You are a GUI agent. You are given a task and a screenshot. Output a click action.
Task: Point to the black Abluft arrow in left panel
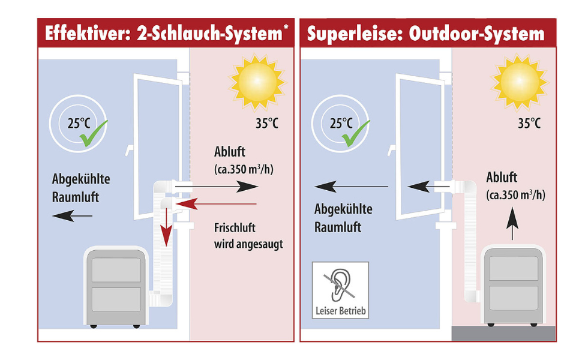(x=225, y=187)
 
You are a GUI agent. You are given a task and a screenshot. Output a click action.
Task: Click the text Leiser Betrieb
(x=340, y=311)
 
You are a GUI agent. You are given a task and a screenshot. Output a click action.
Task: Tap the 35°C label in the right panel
(x=529, y=124)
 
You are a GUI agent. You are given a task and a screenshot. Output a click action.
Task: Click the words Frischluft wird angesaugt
(x=248, y=236)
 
